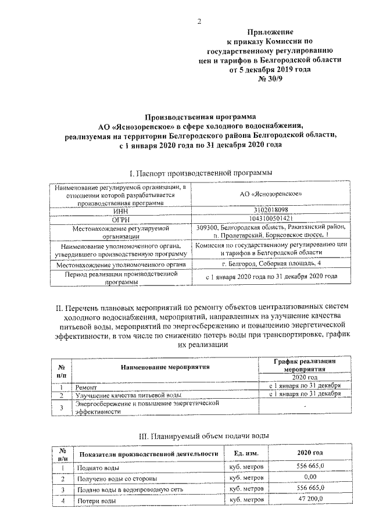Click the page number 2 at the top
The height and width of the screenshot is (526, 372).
[x=199, y=22]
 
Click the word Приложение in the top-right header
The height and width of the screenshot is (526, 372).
[x=269, y=32]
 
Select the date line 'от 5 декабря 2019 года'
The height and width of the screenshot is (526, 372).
[x=270, y=69]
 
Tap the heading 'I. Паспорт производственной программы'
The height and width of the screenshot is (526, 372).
[x=201, y=173]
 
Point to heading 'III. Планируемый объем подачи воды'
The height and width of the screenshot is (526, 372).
[x=203, y=435]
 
